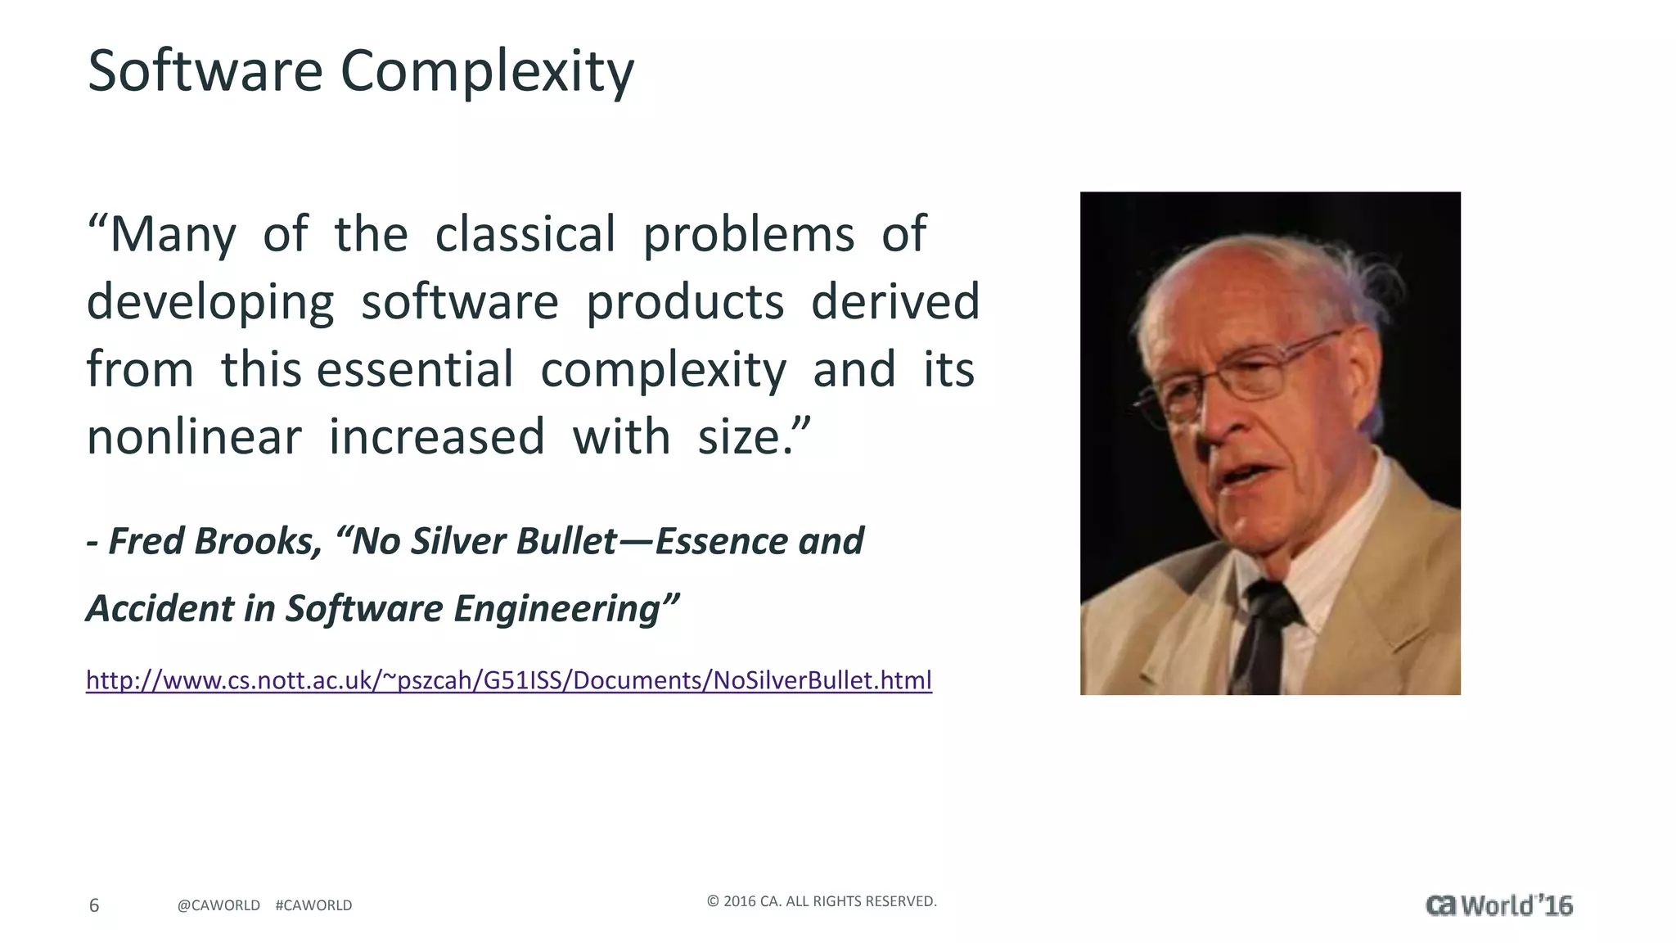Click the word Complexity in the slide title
coord(487,72)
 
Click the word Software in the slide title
coord(205,70)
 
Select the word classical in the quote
coord(525,234)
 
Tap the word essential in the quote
coord(415,369)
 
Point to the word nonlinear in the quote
coord(194,436)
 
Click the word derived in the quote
coord(895,301)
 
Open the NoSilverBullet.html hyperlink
coord(508,680)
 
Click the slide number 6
coord(94,905)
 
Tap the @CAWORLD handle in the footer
coord(219,905)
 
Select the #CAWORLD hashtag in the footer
coord(313,905)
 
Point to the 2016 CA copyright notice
coord(821,901)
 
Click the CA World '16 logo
coord(1498,905)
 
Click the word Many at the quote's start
coord(173,235)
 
